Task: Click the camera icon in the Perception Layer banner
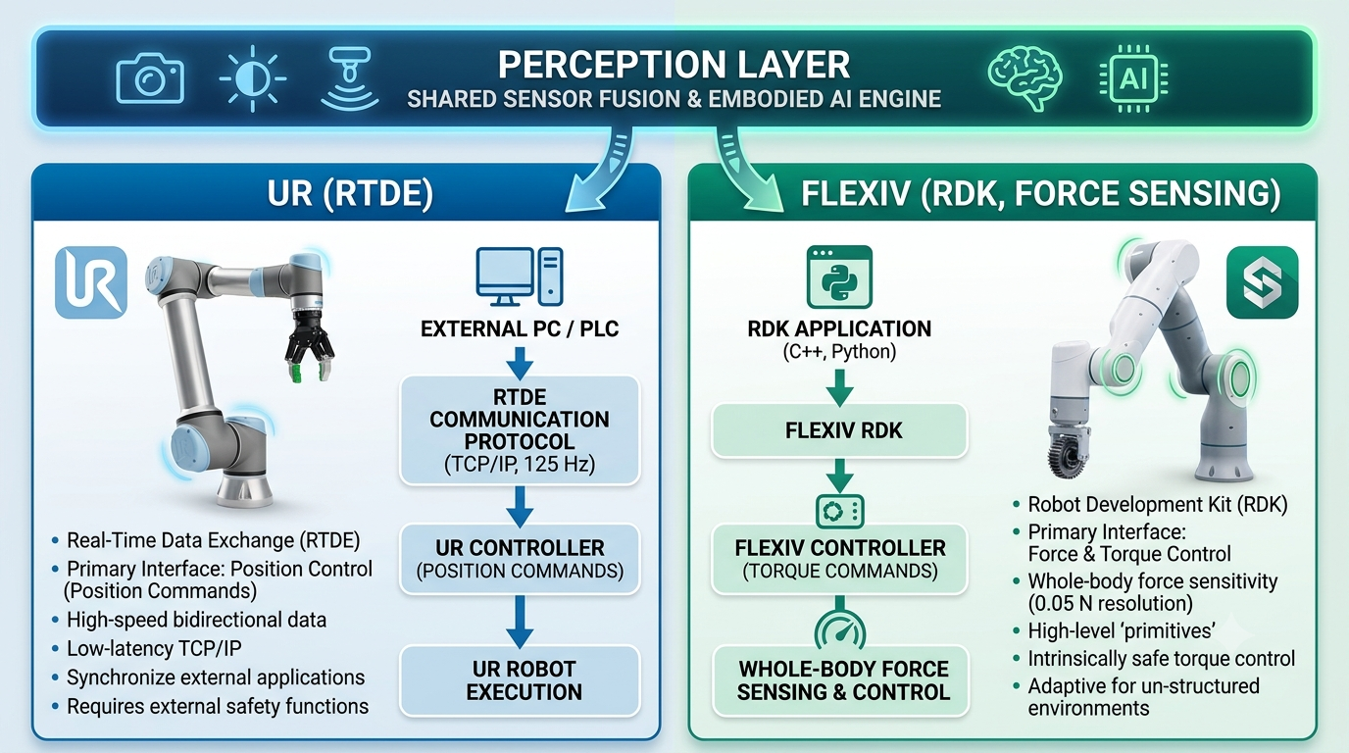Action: click(x=150, y=78)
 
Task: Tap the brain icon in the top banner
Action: click(x=1025, y=78)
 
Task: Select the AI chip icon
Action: click(x=1133, y=78)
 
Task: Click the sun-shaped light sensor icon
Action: click(x=252, y=78)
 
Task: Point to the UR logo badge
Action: click(x=91, y=282)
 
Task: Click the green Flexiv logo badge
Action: click(x=1263, y=282)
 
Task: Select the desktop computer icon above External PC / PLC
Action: click(x=520, y=276)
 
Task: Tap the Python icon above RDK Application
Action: click(x=839, y=277)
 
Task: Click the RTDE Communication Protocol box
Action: click(x=520, y=430)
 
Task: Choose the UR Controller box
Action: click(x=520, y=559)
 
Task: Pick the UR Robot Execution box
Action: click(x=520, y=680)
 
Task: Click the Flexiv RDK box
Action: click(x=839, y=430)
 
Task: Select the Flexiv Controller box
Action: click(x=839, y=559)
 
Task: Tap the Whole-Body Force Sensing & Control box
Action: click(x=841, y=680)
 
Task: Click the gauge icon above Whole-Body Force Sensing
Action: click(x=839, y=628)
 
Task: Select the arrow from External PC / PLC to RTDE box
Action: click(x=520, y=363)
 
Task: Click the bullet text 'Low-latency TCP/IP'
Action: click(x=154, y=648)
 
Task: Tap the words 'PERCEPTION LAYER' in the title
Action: click(x=674, y=65)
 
